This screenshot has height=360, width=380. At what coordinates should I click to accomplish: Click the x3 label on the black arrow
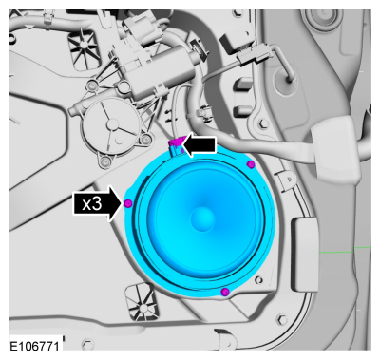[92, 204]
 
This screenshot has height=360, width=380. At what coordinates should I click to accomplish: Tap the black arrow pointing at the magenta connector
[199, 146]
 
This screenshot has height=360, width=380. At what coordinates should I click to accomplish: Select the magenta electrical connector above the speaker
[176, 144]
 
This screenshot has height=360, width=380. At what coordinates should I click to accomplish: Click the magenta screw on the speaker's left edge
[127, 203]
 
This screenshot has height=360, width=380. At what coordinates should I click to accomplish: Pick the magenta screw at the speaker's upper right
[251, 164]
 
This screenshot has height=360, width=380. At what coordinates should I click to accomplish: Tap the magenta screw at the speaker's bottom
[225, 292]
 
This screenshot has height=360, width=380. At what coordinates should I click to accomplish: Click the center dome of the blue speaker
[203, 218]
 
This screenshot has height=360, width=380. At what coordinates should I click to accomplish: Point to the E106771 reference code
[34, 346]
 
